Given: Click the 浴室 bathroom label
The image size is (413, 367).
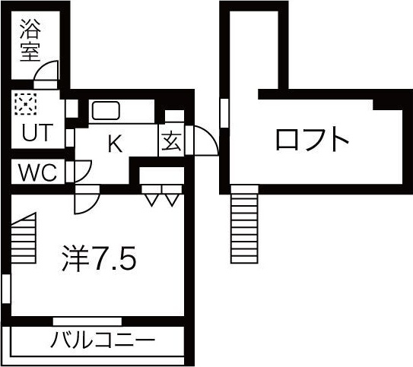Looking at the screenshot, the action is tap(30, 40).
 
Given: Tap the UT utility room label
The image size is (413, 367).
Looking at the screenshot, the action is tap(37, 133).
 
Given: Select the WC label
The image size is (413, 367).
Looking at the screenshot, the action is tap(38, 172).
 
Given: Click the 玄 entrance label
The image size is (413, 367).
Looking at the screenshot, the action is tap(171, 141).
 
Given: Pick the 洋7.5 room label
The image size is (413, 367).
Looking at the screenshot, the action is tap(99, 258).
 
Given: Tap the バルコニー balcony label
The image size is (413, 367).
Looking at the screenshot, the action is tap(102, 340).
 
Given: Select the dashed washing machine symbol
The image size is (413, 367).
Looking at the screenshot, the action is tap(26, 104).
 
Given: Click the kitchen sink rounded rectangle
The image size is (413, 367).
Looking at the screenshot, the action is tap(106, 111).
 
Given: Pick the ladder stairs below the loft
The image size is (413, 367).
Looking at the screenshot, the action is tap(244, 224).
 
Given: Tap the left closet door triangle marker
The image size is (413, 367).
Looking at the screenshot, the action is tap(151, 200).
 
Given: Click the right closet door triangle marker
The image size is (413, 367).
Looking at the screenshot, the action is tap(172, 200).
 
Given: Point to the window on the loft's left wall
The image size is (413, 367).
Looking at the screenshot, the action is tap(224, 113).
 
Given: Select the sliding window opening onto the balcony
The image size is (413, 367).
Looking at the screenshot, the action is tap(87, 321).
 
